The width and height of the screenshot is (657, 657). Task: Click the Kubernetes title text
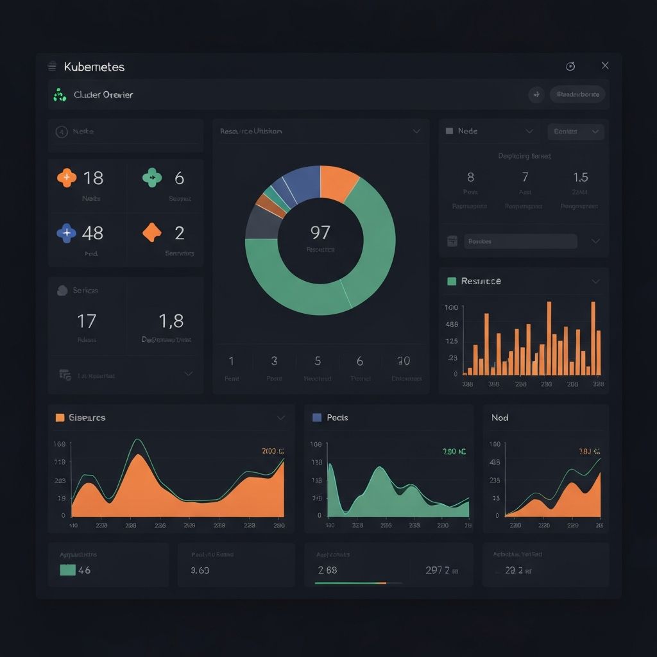tap(94, 67)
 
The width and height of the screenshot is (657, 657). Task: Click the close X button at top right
tap(605, 65)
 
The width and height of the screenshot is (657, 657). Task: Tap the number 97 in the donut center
tap(320, 232)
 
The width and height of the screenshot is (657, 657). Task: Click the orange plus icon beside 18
tap(67, 178)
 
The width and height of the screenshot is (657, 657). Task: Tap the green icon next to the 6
tap(152, 178)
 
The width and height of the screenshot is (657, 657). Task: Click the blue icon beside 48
tap(67, 233)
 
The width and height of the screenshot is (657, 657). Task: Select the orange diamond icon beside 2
tap(151, 232)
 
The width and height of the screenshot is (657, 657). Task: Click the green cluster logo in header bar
tap(60, 95)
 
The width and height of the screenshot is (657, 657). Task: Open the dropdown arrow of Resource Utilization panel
tap(416, 131)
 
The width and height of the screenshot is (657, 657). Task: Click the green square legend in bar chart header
tap(452, 281)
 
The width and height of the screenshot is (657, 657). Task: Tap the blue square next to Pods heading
tap(316, 417)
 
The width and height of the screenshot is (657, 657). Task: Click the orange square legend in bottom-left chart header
tap(60, 418)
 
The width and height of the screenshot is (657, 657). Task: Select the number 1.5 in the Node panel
tap(580, 177)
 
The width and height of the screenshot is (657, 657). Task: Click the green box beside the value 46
tap(67, 570)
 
